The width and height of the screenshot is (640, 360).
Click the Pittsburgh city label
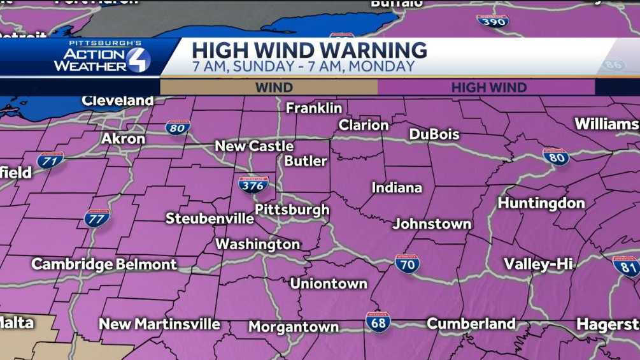[x=292, y=210]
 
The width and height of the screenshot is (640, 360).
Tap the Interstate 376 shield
[x=253, y=185]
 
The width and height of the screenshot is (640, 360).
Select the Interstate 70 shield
[x=407, y=263]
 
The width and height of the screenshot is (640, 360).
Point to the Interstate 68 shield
[x=378, y=322]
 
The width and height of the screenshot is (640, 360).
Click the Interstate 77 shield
[x=97, y=218]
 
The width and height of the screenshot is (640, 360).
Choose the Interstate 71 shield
[x=50, y=159]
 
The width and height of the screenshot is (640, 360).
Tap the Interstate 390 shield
[x=492, y=20]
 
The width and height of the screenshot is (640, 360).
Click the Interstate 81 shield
[x=625, y=266]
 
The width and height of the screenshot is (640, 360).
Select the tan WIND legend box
[x=269, y=87]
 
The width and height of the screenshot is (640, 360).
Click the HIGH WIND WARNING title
[x=309, y=50]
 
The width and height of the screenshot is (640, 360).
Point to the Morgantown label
[x=294, y=327]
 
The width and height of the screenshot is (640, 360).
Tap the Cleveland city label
[x=117, y=101]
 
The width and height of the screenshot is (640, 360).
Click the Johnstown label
[x=432, y=224]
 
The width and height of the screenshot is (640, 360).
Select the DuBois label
[x=434, y=134]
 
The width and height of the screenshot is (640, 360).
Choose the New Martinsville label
[x=159, y=324]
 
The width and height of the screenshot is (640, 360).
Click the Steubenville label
[x=210, y=219]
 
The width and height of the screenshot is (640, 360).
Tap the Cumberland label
[x=471, y=324]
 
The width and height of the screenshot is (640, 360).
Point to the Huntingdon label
[x=541, y=203]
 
